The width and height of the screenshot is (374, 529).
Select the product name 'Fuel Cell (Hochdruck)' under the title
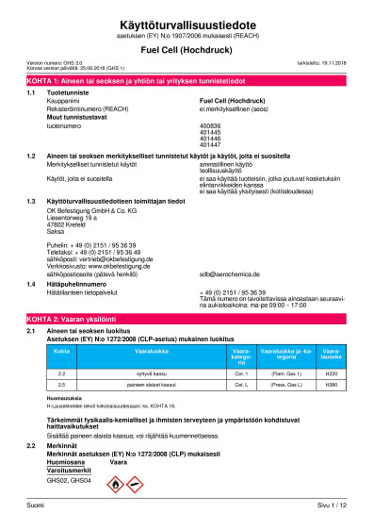(187, 45)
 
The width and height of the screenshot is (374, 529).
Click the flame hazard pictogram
(113, 485)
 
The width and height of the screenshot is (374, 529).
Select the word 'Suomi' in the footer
(35, 506)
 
